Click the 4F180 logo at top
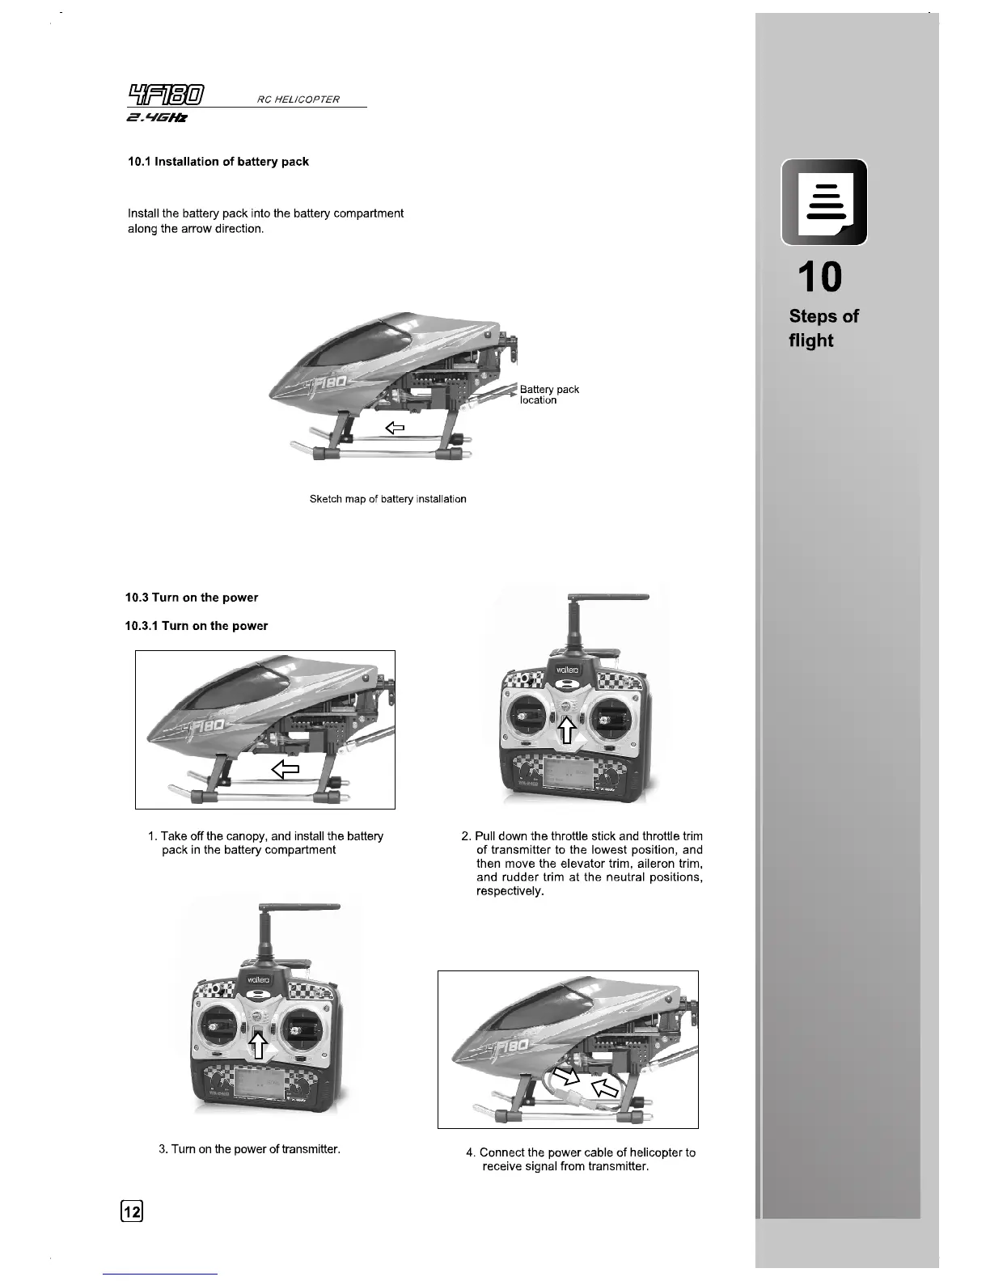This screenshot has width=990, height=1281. [165, 96]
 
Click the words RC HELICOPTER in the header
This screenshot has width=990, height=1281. [298, 99]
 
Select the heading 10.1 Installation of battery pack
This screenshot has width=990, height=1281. [218, 162]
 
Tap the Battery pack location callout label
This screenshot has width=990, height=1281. [549, 395]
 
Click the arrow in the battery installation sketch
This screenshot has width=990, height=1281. [394, 427]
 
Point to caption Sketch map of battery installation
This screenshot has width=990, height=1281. [387, 499]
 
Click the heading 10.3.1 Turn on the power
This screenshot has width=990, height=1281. [196, 626]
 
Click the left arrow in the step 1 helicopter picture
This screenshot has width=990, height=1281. [286, 769]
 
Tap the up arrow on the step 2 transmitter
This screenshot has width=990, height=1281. [567, 729]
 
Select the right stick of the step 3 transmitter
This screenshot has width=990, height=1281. [298, 1031]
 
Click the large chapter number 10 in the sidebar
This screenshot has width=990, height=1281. [819, 277]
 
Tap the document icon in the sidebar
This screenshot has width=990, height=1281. [824, 202]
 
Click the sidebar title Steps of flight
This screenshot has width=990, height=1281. [823, 328]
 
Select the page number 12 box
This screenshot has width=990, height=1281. [132, 1211]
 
